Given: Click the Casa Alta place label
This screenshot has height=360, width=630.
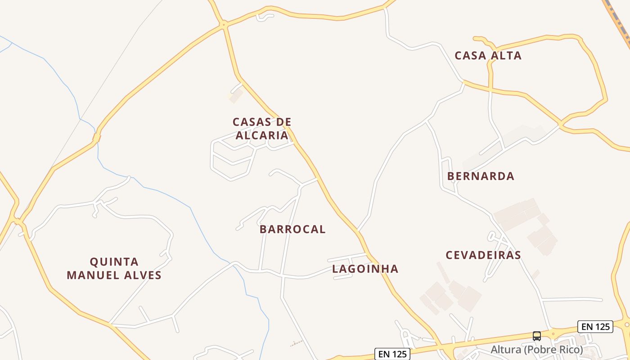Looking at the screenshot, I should [x=488, y=55].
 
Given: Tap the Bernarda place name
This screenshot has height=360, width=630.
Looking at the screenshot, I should [x=481, y=176].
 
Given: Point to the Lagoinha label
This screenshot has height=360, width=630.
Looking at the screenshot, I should [x=365, y=269].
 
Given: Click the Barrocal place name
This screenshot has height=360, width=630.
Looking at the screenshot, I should [x=292, y=229].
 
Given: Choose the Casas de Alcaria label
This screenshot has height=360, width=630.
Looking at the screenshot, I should [x=262, y=129].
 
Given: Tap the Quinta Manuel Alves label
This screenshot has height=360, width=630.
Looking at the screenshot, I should [x=114, y=268].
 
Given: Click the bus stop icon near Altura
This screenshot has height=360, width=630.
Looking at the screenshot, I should [x=537, y=336].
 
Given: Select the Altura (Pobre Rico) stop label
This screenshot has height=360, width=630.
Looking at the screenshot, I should [x=536, y=349].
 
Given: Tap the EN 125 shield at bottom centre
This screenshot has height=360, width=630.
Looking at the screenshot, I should [x=393, y=354].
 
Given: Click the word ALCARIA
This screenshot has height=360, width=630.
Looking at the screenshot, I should [x=262, y=135].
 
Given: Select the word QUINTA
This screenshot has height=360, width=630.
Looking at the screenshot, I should [x=114, y=262].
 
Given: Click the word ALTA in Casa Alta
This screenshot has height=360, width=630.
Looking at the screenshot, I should [x=506, y=55].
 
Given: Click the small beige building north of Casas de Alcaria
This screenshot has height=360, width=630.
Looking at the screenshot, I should [x=236, y=95].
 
